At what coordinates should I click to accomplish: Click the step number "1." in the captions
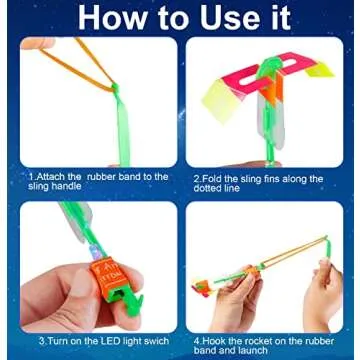pyautogui.click(x=31, y=177)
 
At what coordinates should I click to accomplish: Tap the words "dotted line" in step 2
pyautogui.click(x=217, y=188)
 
